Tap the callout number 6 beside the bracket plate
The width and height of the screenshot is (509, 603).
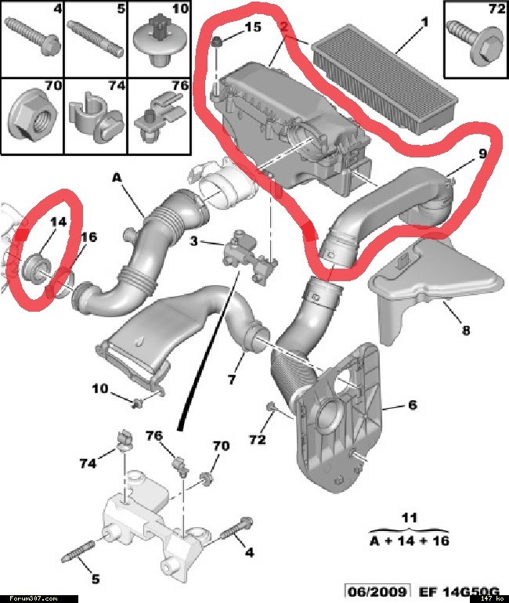(x=412, y=405)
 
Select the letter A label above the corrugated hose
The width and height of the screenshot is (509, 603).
(x=117, y=178)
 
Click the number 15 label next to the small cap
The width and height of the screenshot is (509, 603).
(x=252, y=28)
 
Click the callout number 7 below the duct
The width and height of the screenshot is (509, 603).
(x=232, y=380)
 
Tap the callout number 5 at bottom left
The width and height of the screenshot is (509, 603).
(x=95, y=580)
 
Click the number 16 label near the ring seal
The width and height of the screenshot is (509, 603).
(x=88, y=237)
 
